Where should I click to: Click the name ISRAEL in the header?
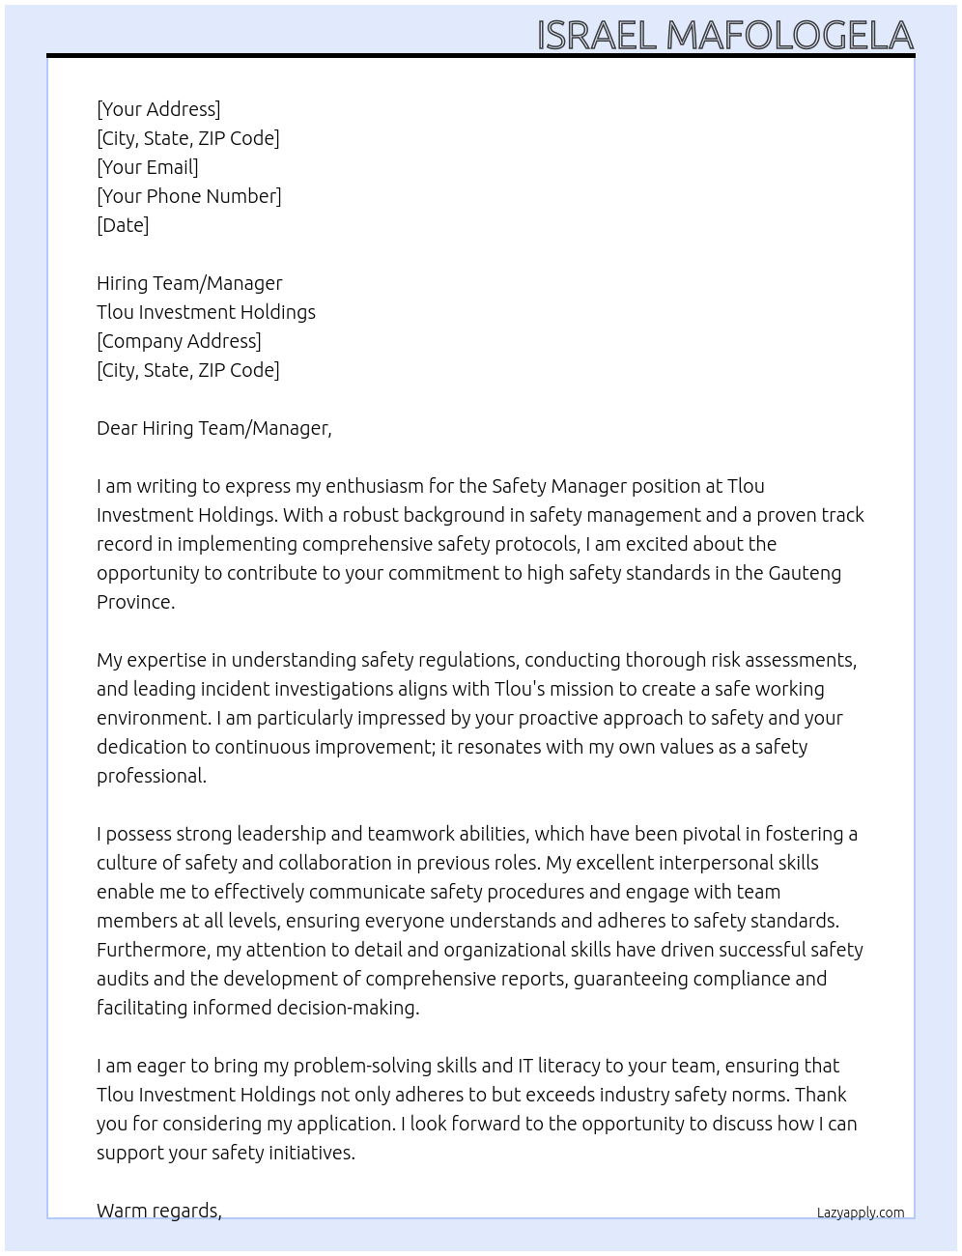click(596, 36)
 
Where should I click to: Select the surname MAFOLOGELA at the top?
click(789, 36)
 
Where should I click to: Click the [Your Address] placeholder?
click(158, 109)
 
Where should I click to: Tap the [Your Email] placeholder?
click(148, 167)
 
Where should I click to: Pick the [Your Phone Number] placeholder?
click(189, 196)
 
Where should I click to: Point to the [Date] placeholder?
click(123, 225)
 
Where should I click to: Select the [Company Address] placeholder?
click(179, 341)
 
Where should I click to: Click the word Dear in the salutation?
click(117, 428)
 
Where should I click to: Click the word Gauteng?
click(805, 573)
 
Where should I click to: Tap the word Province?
click(135, 602)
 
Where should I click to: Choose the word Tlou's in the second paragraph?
click(523, 689)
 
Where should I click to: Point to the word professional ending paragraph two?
click(151, 776)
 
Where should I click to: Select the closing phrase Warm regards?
click(158, 1211)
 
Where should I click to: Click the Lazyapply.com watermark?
click(861, 1213)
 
